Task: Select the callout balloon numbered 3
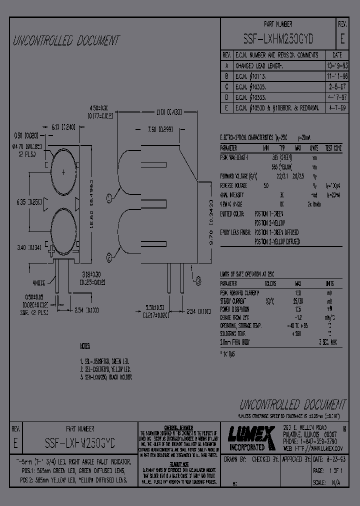(x=198, y=282)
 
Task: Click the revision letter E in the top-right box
(x=342, y=38)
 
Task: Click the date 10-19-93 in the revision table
(x=336, y=65)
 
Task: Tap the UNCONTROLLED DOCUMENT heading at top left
(x=66, y=41)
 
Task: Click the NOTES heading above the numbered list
(x=85, y=346)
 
